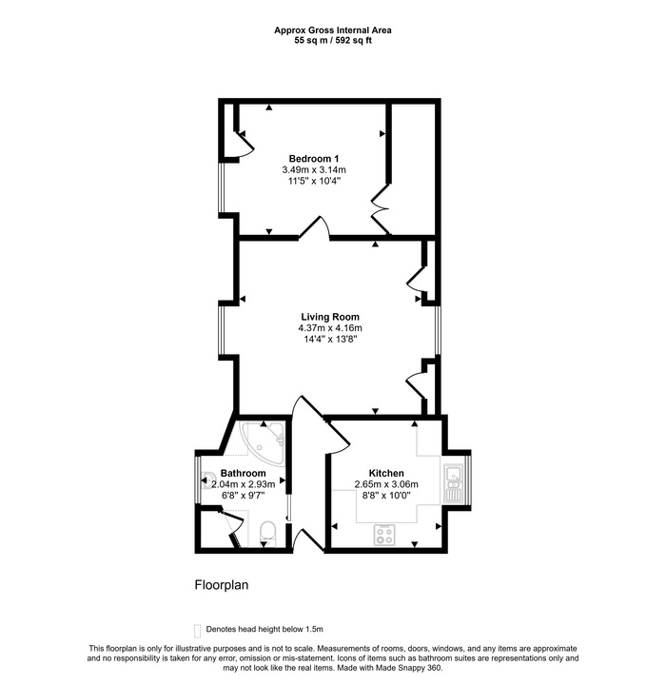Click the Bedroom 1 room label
pos(314,158)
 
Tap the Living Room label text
pos(330,317)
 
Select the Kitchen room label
pos(386,473)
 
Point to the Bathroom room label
pos(243,473)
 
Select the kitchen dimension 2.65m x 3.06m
pos(386,484)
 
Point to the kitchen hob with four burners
pos(385,535)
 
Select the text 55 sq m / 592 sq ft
pos(332,41)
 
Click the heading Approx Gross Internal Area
pos(332,29)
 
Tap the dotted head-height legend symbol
pos(197,629)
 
